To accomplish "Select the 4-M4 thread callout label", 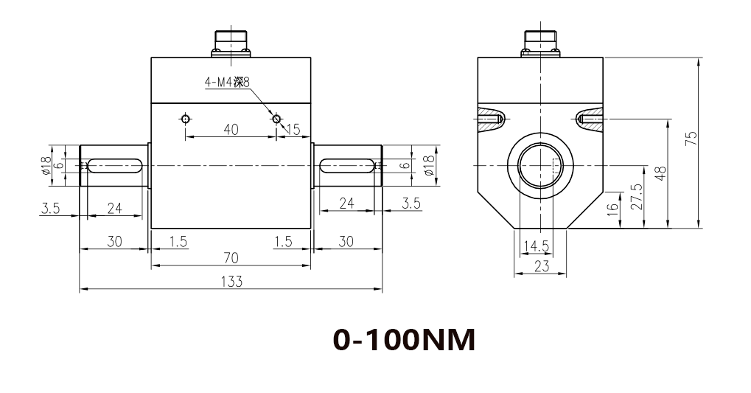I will click(x=232, y=83).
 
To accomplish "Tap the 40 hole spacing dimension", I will click(x=231, y=130).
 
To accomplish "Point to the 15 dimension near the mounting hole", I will click(x=293, y=130).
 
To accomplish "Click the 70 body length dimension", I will click(x=231, y=257).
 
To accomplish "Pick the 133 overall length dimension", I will click(x=231, y=281).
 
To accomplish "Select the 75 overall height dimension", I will click(x=691, y=140).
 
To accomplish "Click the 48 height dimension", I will click(x=660, y=173).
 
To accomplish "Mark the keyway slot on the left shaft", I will click(x=115, y=166).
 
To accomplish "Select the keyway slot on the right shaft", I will click(x=346, y=166).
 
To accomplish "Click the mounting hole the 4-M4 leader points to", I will click(x=276, y=119).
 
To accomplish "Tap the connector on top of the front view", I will click(x=231, y=44).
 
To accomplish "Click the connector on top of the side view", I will click(x=541, y=44).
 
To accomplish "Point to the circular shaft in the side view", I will click(x=541, y=167).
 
